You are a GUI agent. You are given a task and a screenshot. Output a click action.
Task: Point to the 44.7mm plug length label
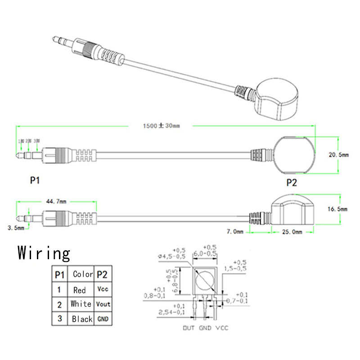(56, 201)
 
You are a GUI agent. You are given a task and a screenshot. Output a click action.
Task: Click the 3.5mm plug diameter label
(16, 228)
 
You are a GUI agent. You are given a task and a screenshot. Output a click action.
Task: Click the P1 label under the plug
(35, 180)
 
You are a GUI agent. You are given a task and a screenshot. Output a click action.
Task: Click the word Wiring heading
(44, 253)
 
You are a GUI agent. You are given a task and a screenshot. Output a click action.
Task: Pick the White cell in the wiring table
(81, 304)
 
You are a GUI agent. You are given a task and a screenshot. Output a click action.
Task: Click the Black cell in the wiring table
(82, 319)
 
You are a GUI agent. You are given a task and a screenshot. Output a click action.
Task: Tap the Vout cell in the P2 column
(103, 304)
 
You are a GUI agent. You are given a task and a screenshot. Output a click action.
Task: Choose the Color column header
(83, 274)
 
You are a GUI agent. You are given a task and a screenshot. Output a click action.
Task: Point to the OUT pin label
(189, 328)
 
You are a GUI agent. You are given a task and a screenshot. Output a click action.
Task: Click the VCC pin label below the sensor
(221, 328)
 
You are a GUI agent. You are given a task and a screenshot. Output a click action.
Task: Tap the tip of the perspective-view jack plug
(54, 40)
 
